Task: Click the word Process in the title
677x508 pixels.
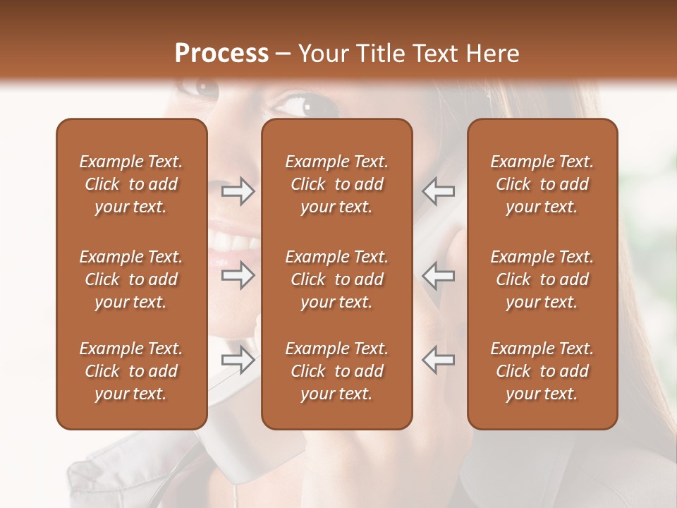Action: [221, 54]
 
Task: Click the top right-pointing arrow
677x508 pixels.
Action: [238, 191]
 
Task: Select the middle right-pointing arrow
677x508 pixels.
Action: [238, 275]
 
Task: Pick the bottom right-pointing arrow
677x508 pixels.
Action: [238, 360]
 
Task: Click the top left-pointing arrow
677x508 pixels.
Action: [439, 191]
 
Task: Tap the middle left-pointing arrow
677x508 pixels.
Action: [439, 275]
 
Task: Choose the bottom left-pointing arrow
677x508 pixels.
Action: [439, 360]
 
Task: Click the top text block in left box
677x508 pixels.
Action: [131, 184]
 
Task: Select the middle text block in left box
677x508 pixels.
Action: [131, 279]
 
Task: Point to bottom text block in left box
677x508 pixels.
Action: [131, 371]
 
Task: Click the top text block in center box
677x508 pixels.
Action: [337, 184]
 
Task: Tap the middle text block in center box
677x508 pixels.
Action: [337, 279]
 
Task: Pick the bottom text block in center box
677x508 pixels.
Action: [337, 371]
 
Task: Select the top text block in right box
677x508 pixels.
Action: [542, 184]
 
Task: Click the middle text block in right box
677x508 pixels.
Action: [542, 279]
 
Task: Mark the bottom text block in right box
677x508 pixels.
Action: [542, 371]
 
